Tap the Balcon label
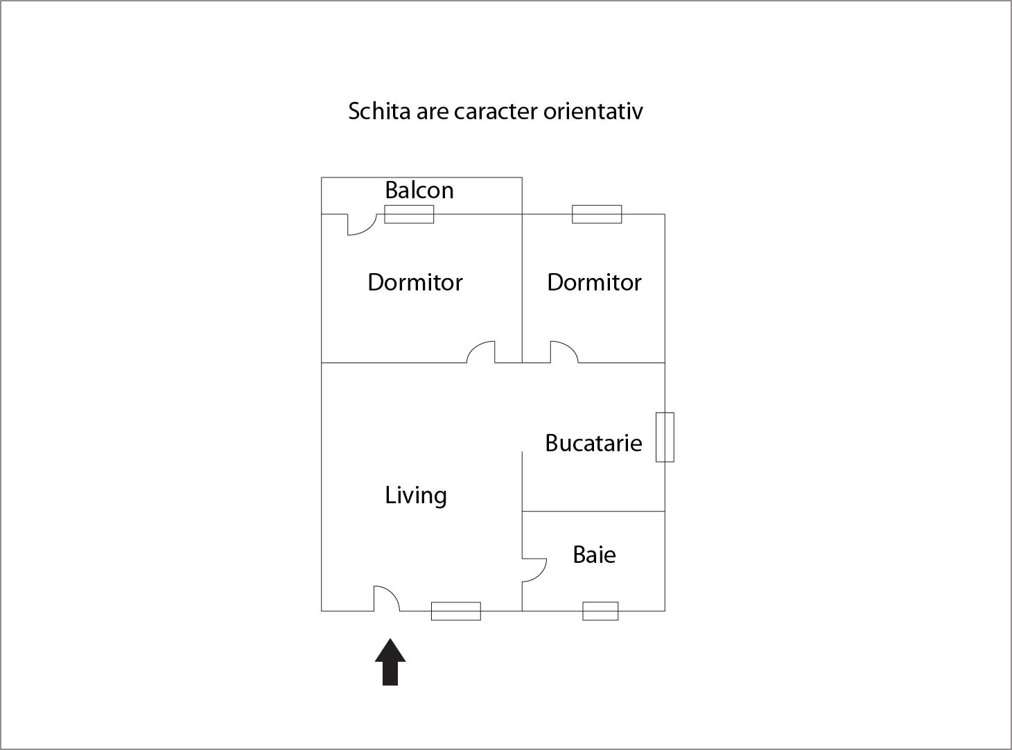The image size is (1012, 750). (x=419, y=190)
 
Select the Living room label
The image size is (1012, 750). (x=416, y=495)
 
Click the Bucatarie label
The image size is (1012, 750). (x=593, y=443)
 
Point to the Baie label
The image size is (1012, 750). (x=594, y=555)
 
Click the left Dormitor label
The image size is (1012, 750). (x=415, y=282)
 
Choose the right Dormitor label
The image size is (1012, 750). (x=594, y=282)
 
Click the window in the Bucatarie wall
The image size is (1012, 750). (x=665, y=437)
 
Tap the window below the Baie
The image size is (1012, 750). (x=600, y=611)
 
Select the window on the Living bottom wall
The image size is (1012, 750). (x=455, y=611)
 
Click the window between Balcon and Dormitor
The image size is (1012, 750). (x=409, y=214)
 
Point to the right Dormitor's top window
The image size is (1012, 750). (x=597, y=214)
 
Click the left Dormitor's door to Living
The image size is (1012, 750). (x=481, y=351)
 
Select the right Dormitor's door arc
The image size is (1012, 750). (x=564, y=351)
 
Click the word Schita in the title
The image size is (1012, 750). (x=379, y=111)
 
